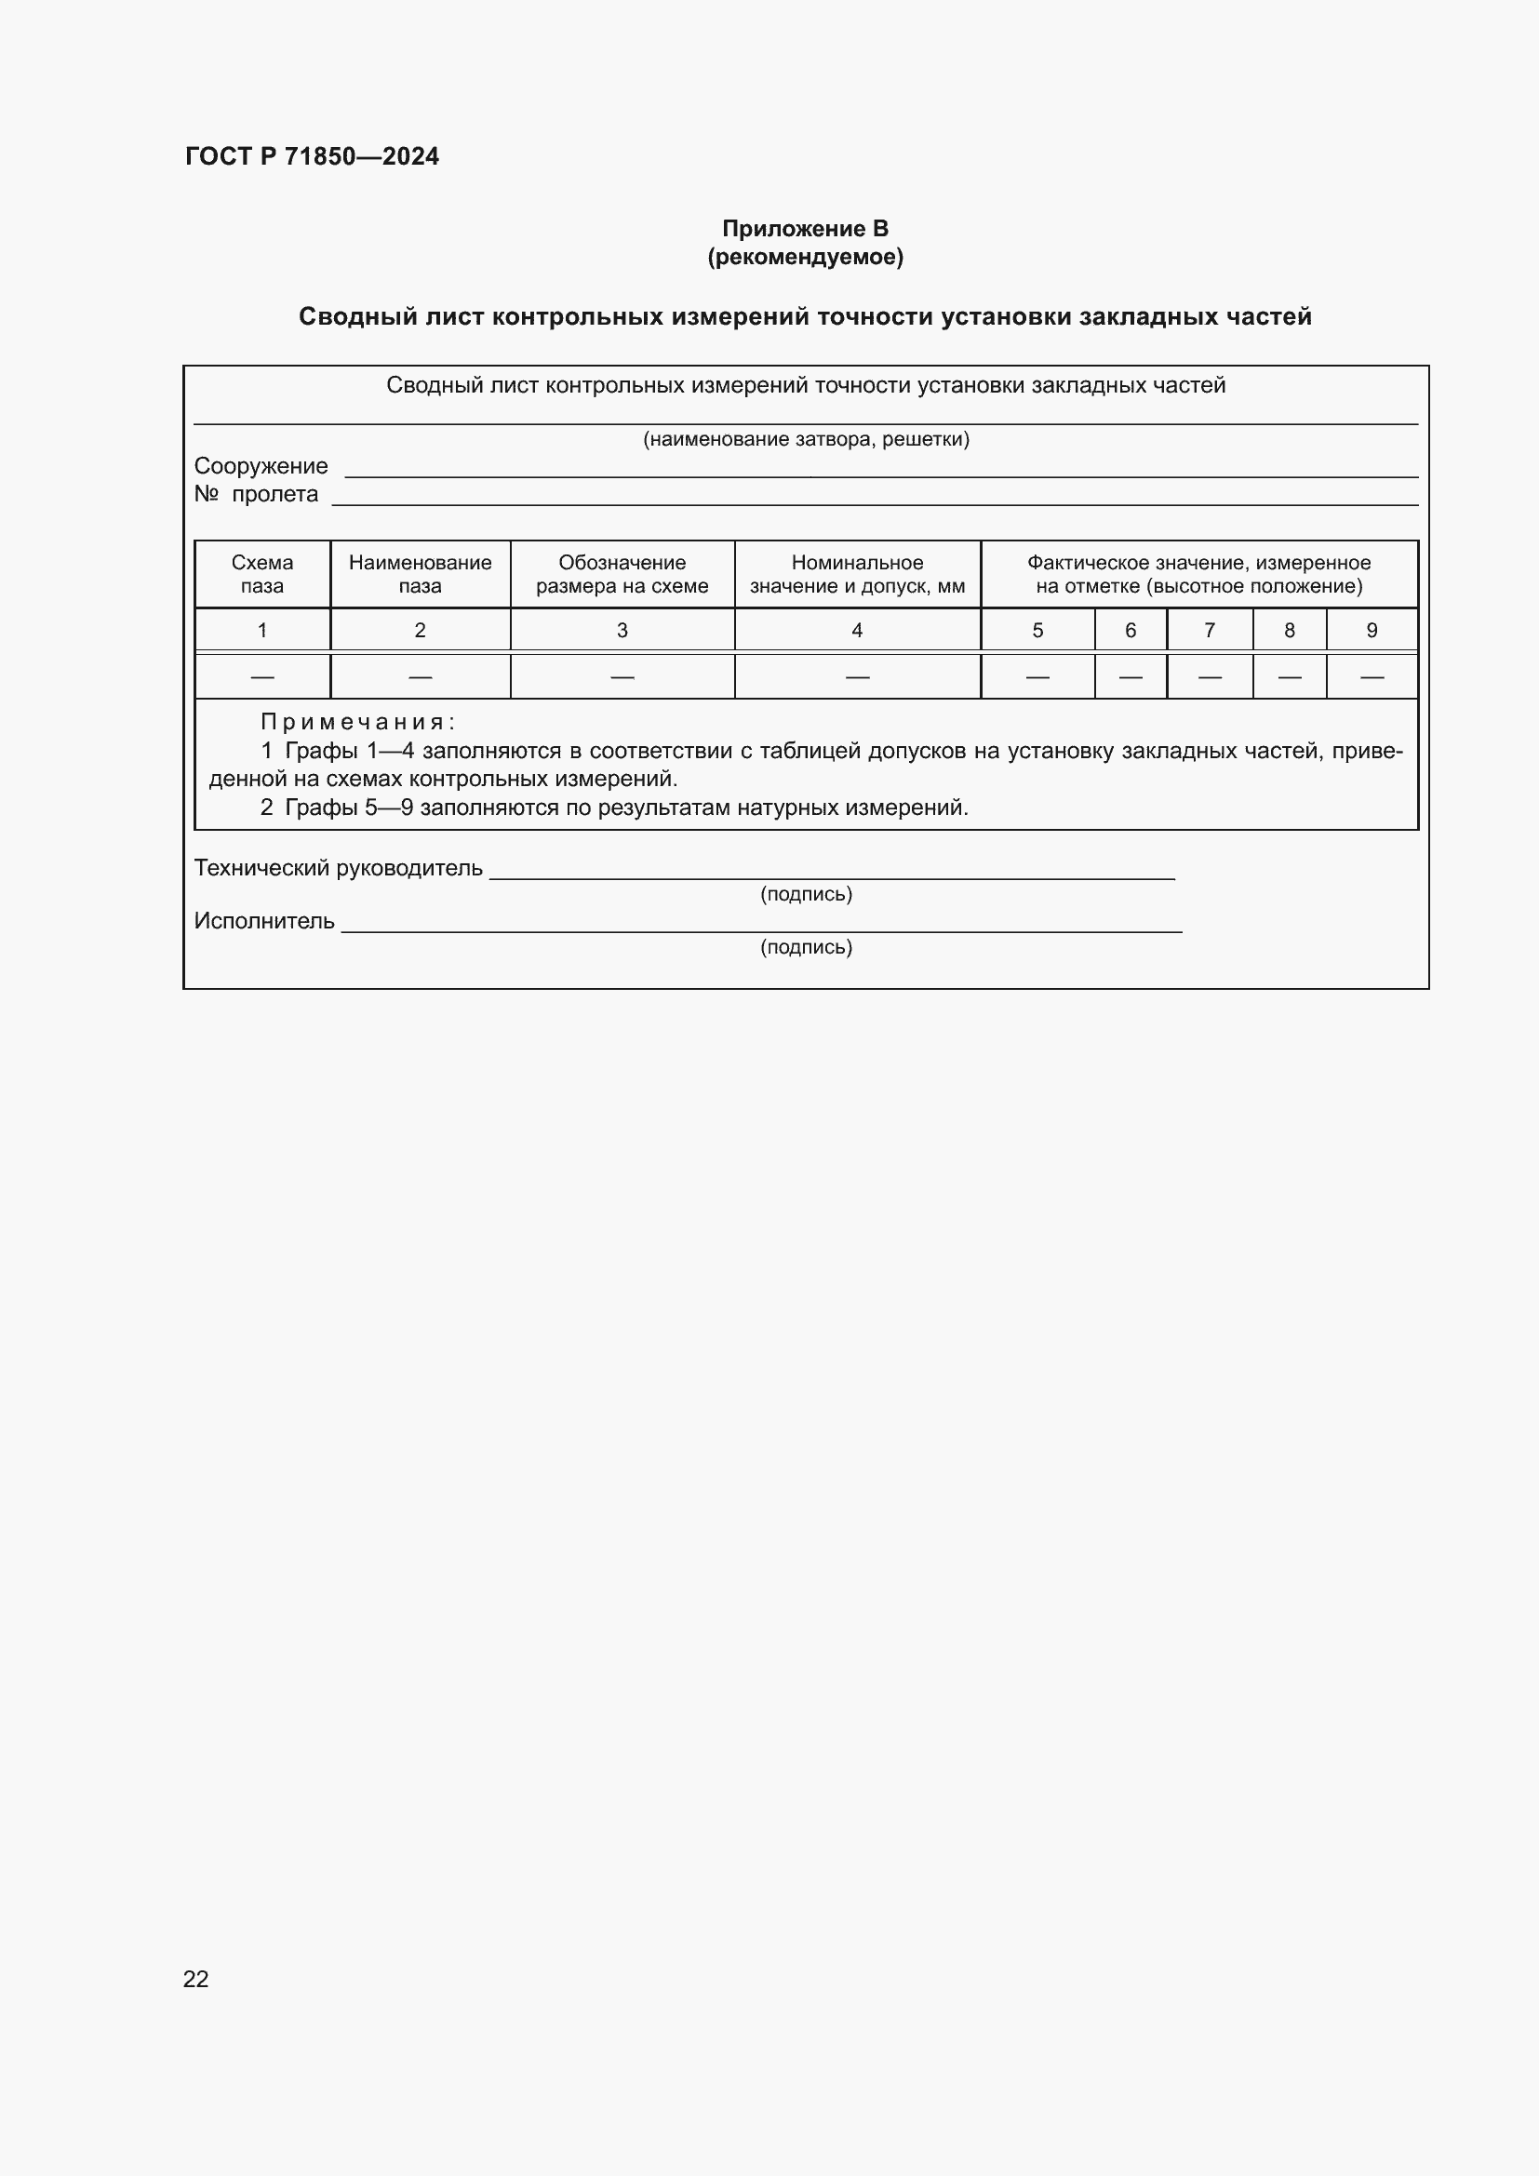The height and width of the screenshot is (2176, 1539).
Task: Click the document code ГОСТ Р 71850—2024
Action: [x=312, y=156]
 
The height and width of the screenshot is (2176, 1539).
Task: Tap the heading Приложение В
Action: [x=805, y=229]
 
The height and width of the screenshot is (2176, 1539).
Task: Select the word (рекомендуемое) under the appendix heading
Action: [x=805, y=257]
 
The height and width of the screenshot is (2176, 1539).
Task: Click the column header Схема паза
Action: [x=262, y=574]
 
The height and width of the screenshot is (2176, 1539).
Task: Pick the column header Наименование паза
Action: [x=420, y=574]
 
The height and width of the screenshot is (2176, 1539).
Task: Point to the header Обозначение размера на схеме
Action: [x=622, y=574]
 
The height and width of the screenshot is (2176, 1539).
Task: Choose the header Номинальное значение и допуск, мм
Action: [x=857, y=574]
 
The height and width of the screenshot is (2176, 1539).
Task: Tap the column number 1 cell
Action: [x=262, y=630]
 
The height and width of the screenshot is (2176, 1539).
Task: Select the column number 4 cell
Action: [x=857, y=630]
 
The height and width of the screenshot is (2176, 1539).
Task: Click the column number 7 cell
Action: [x=1210, y=630]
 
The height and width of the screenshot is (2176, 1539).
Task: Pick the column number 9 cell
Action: [x=1372, y=630]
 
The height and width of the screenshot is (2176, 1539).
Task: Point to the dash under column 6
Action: [x=1130, y=676]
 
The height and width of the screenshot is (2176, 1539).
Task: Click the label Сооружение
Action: [x=261, y=466]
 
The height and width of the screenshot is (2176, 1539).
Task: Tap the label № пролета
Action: [x=256, y=494]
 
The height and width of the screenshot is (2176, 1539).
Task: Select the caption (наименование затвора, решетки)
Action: [x=806, y=439]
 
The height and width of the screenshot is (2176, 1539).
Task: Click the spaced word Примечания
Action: [x=357, y=722]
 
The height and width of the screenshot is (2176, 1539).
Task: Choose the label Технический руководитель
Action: [x=339, y=867]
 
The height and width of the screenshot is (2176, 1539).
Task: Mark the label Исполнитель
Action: [x=264, y=920]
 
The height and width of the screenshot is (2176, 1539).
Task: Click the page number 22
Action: [x=196, y=1979]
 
